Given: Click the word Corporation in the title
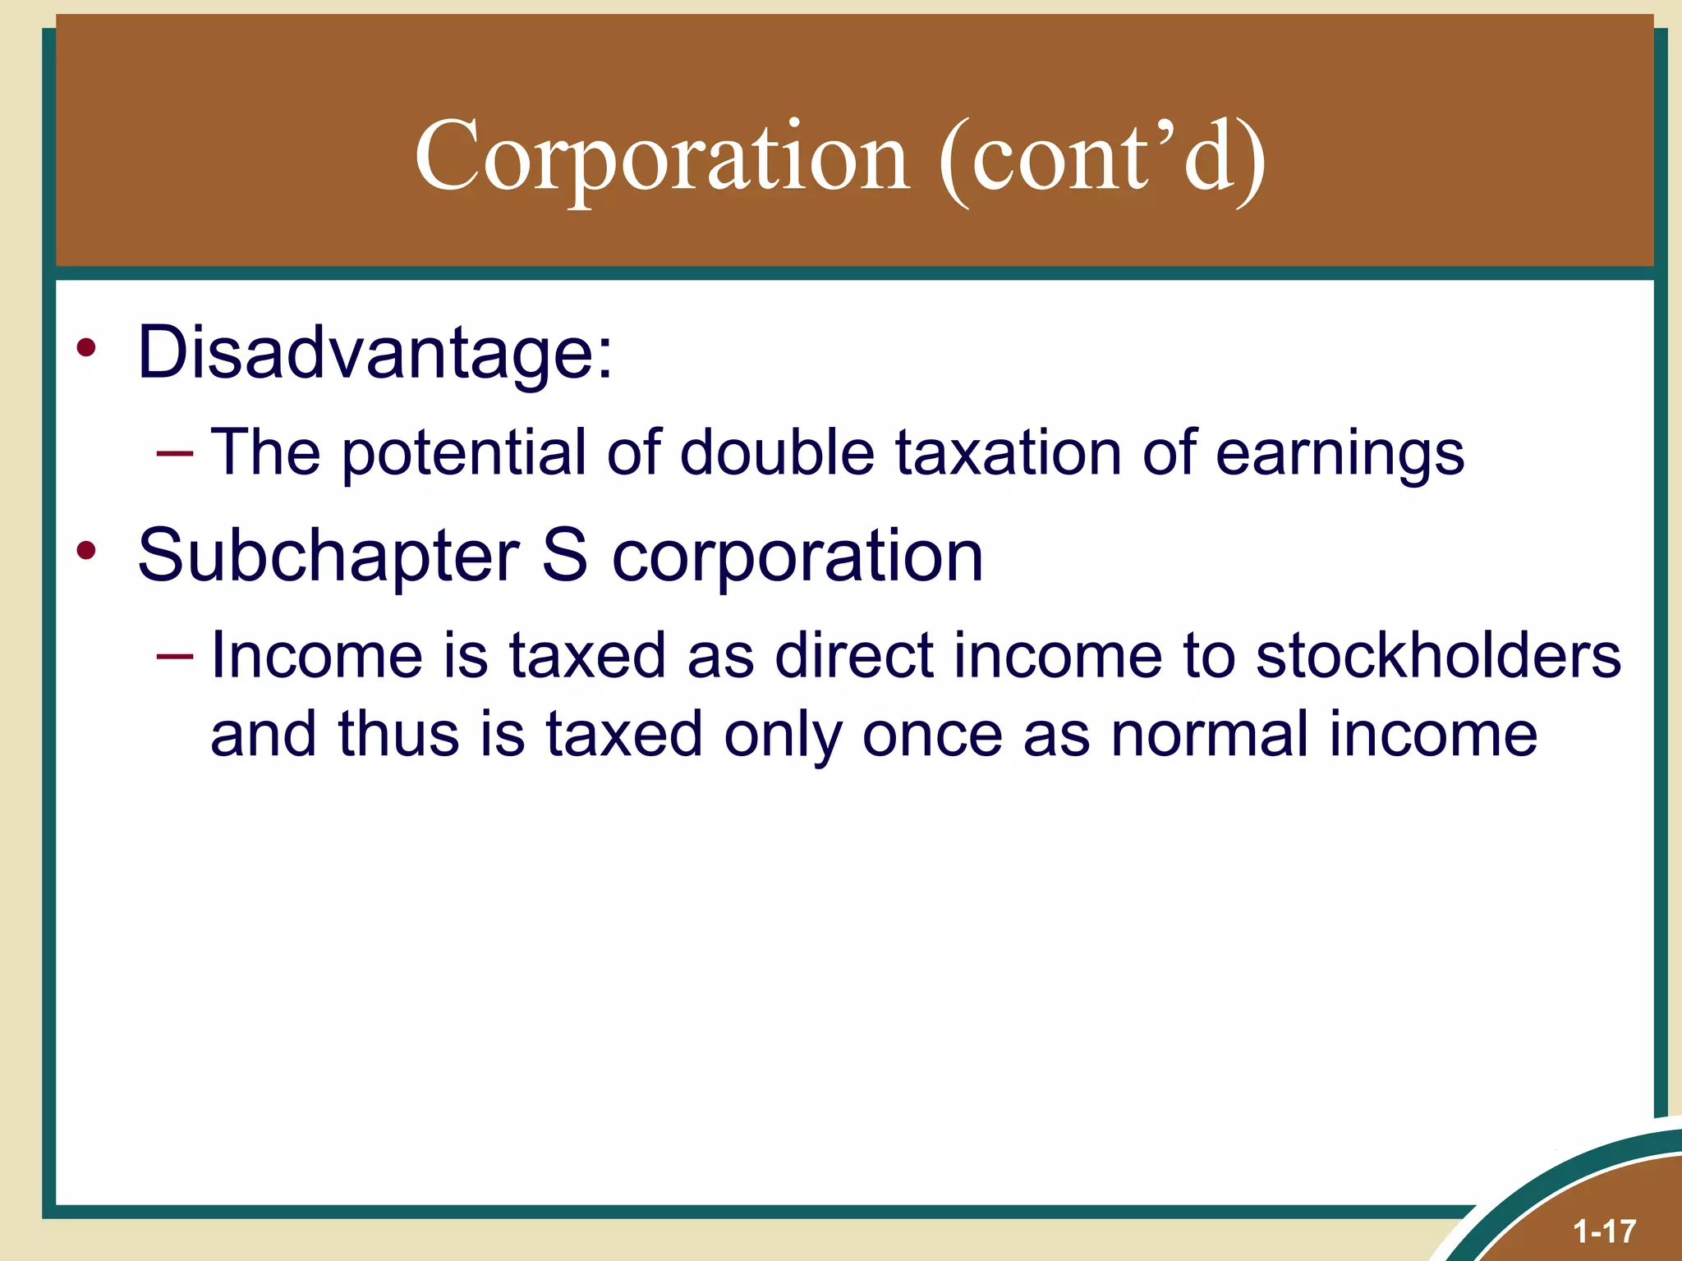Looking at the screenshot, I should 662,156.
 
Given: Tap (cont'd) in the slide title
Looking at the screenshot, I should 1102,156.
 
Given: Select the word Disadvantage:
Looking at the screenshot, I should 375,353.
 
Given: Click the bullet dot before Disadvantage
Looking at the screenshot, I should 86,349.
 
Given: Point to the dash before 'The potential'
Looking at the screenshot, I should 175,452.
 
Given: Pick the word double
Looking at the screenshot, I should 778,453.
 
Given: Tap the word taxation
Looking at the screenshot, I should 1009,453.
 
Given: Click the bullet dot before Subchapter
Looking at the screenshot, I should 86,549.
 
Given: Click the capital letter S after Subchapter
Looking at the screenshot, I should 565,556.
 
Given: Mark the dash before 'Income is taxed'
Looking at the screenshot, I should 175,655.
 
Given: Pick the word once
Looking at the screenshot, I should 932,733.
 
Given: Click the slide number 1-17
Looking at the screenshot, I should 1605,1231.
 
